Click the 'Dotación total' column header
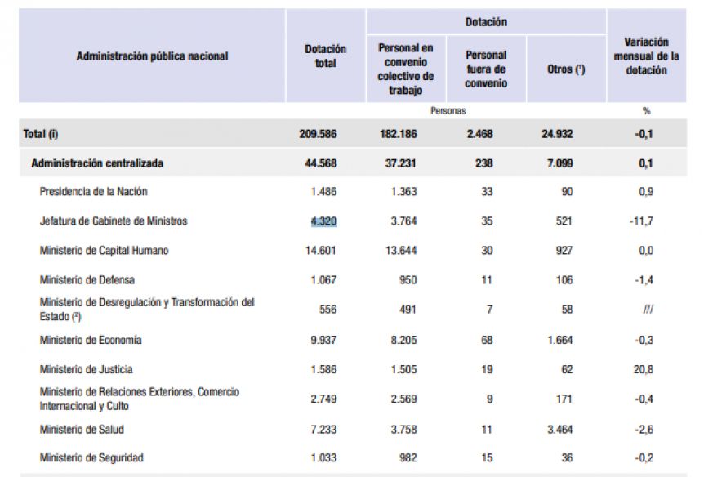click(325, 56)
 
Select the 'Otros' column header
click(566, 69)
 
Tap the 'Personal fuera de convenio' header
click(486, 69)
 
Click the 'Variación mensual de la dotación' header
click(646, 56)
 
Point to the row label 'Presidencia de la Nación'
click(93, 192)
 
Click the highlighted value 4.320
click(323, 221)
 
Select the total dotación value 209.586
click(318, 134)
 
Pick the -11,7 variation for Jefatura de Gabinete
click(641, 221)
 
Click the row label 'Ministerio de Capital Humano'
click(105, 251)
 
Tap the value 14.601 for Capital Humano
click(321, 251)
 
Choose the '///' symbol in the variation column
click(648, 309)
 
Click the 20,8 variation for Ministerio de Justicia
click(644, 370)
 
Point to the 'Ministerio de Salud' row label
click(82, 430)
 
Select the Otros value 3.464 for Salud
click(560, 430)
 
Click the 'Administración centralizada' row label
click(97, 163)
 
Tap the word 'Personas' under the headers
click(448, 111)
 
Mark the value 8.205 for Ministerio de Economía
click(403, 340)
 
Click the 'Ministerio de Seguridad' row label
click(91, 457)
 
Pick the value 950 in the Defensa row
click(408, 280)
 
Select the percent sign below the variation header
click(646, 111)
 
